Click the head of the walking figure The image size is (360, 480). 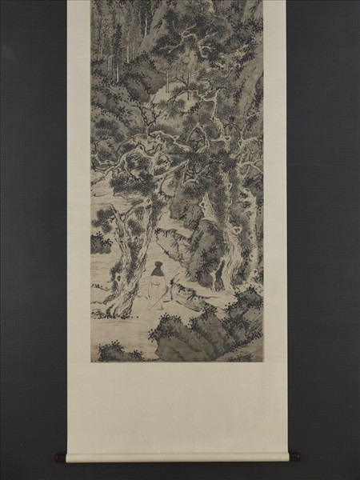[x=158, y=266]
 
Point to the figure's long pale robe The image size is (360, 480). [x=158, y=294]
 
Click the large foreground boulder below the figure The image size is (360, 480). [x=192, y=340]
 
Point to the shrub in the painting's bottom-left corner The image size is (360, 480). [x=112, y=350]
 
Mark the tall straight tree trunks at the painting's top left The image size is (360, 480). [x=108, y=40]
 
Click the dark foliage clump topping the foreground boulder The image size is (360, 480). [x=172, y=324]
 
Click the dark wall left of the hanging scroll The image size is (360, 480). [x=32, y=240]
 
